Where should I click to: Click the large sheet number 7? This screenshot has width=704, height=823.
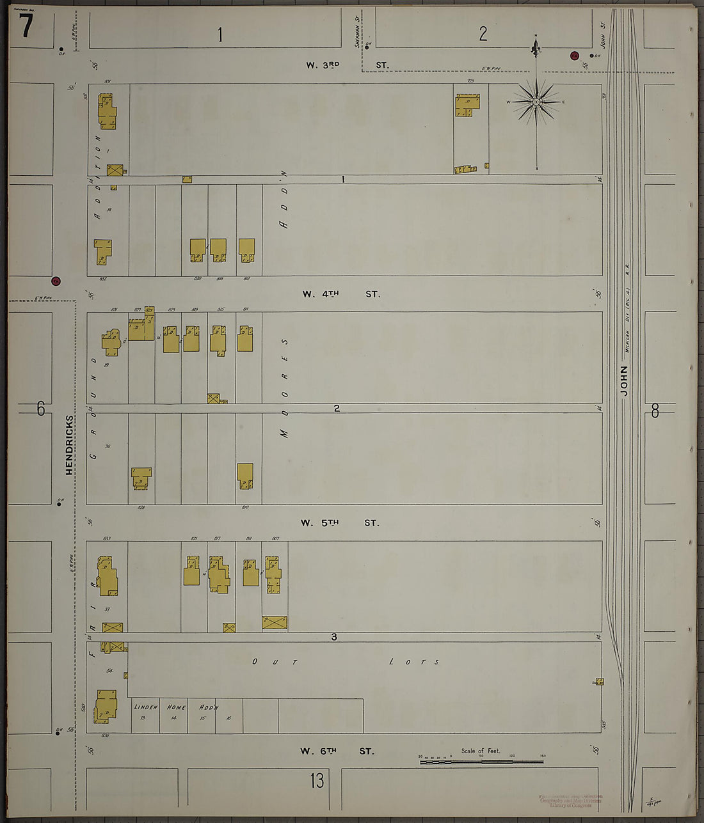26,26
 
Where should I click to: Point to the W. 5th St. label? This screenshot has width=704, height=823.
339,523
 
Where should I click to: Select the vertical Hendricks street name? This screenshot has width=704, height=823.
69,444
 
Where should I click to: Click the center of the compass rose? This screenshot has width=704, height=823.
536,102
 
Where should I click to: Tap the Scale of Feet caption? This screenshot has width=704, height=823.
480,751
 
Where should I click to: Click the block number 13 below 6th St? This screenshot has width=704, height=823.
317,781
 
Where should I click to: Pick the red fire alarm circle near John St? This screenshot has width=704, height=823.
574,55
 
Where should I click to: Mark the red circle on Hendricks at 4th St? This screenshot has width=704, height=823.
56,281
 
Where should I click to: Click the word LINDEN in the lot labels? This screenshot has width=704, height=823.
146,707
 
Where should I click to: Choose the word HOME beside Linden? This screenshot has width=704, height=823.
176,707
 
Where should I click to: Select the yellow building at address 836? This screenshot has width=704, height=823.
106,706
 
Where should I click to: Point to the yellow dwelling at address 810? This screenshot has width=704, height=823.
245,476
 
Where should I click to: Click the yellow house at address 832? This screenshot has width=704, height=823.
102,251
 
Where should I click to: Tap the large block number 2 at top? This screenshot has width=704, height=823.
483,33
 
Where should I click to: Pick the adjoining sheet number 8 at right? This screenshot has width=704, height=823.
655,411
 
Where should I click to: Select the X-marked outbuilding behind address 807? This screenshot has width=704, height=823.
275,622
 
